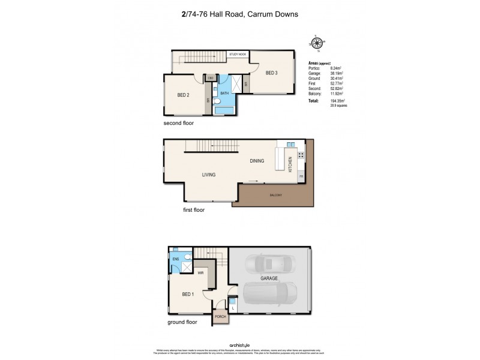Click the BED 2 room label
[x=183, y=95]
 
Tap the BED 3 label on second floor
[x=271, y=73]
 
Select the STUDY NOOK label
[x=238, y=55]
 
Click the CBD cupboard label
[x=211, y=78]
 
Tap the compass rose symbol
[x=317, y=43]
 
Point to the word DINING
[x=257, y=161]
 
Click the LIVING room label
[x=208, y=175]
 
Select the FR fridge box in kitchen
[x=301, y=176]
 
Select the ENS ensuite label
[x=176, y=259]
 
